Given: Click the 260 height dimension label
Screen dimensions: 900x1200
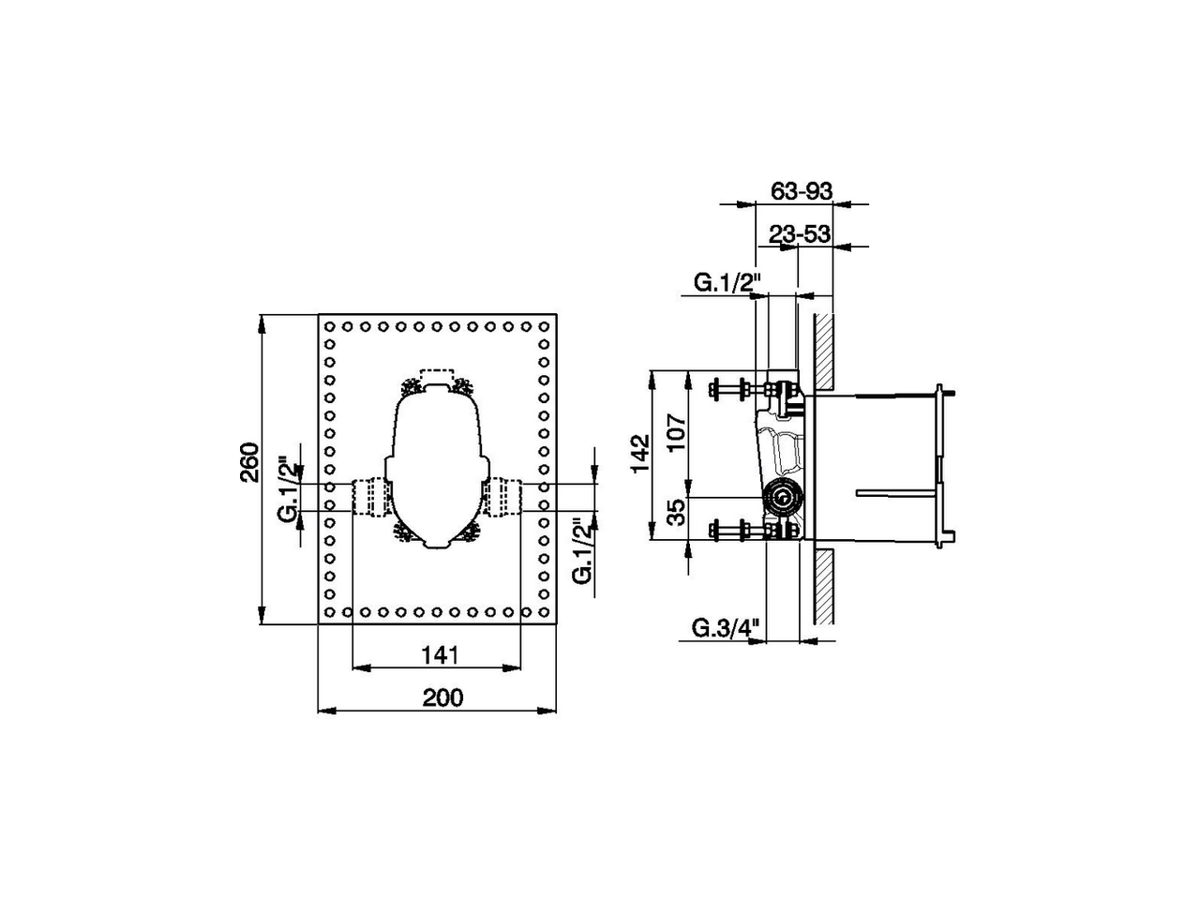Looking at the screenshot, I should pyautogui.click(x=249, y=461).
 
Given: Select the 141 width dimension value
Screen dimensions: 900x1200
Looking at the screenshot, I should pyautogui.click(x=440, y=653).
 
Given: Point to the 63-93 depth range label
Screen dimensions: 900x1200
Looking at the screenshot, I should pyautogui.click(x=802, y=190).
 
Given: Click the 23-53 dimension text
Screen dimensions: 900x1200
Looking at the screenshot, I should pyautogui.click(x=800, y=234).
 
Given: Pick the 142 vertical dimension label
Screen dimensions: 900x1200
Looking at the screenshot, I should pyautogui.click(x=640, y=454).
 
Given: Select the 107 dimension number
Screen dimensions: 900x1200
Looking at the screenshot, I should pyautogui.click(x=678, y=432).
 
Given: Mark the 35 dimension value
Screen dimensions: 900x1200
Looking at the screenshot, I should pyautogui.click(x=678, y=511).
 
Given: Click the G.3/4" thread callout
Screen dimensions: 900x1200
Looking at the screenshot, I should pyautogui.click(x=724, y=628).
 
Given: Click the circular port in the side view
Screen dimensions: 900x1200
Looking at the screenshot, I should pyautogui.click(x=780, y=498).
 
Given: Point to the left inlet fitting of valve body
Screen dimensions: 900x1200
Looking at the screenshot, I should pyautogui.click(x=370, y=496).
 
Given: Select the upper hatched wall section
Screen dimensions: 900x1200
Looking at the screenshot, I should pyautogui.click(x=823, y=352).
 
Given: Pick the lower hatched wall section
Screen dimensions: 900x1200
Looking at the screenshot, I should pyautogui.click(x=823, y=586).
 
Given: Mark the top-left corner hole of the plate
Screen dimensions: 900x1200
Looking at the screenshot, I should pyautogui.click(x=330, y=327).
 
